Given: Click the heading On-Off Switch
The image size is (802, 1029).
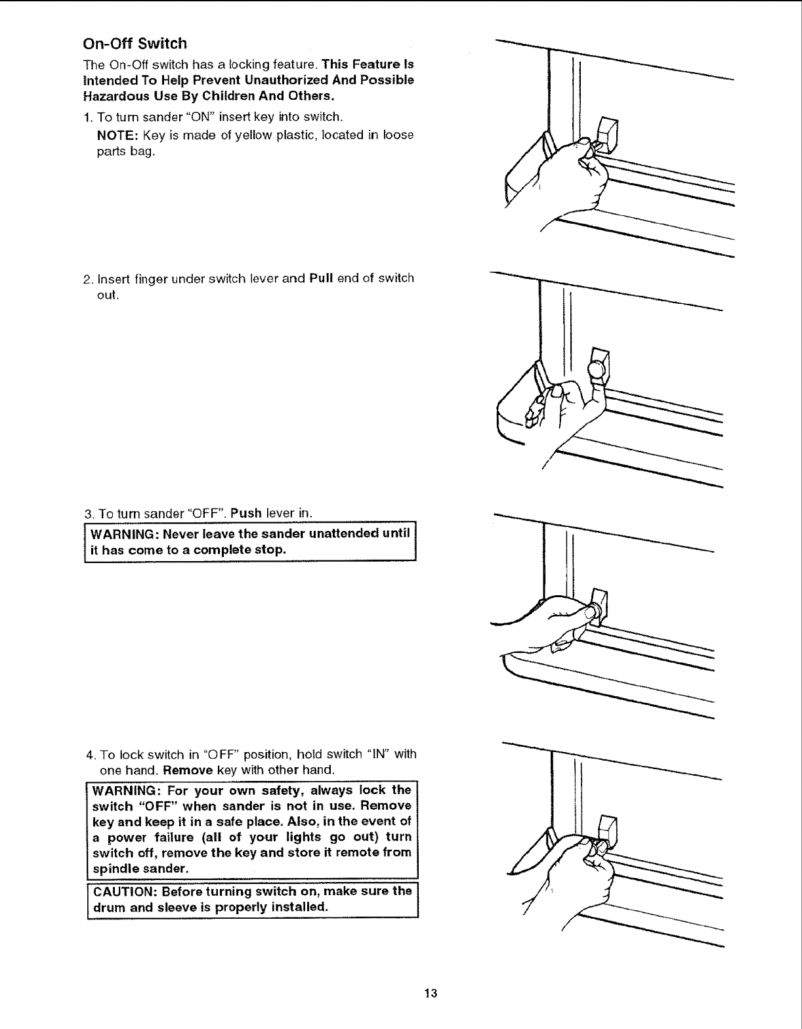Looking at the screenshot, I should click(135, 44).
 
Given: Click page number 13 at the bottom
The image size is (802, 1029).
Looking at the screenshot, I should click(431, 992).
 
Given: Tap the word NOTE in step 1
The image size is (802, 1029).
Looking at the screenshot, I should click(117, 135).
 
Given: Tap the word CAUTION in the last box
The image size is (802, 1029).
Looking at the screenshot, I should click(125, 892).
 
